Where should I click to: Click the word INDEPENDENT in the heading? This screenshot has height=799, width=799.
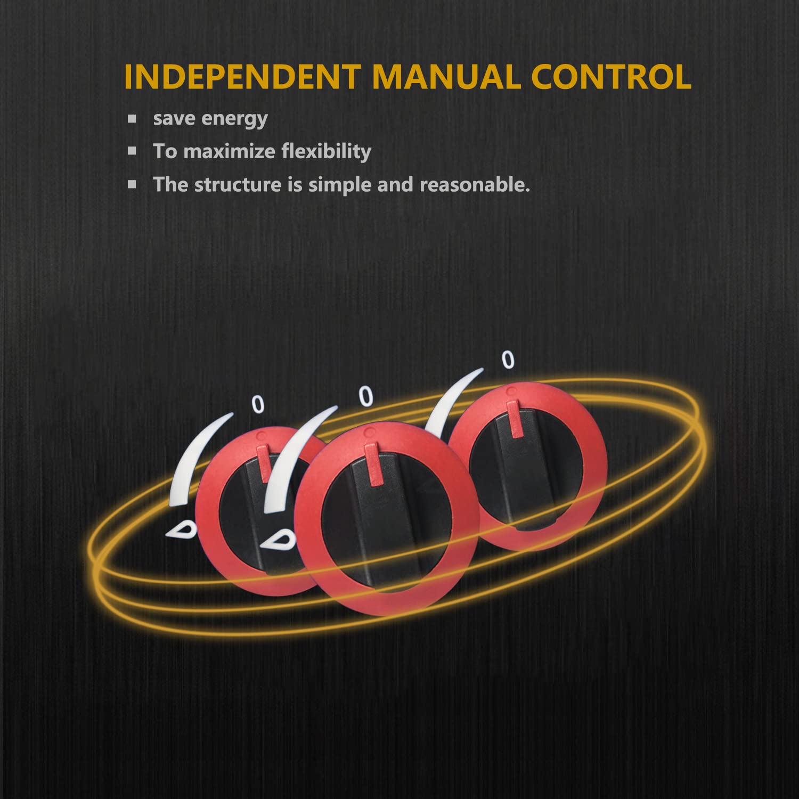coord(242,76)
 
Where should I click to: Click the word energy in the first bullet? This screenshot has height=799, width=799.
coord(236,119)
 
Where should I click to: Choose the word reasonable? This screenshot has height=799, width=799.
coord(475,184)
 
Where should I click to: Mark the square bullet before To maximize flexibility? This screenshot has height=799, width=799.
coord(132,151)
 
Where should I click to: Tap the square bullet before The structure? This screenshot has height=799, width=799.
coord(132,184)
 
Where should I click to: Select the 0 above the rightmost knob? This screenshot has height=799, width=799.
coord(509,360)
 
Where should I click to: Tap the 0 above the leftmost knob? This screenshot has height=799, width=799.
coord(258,404)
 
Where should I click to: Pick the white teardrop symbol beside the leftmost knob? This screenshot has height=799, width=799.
coord(181,529)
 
